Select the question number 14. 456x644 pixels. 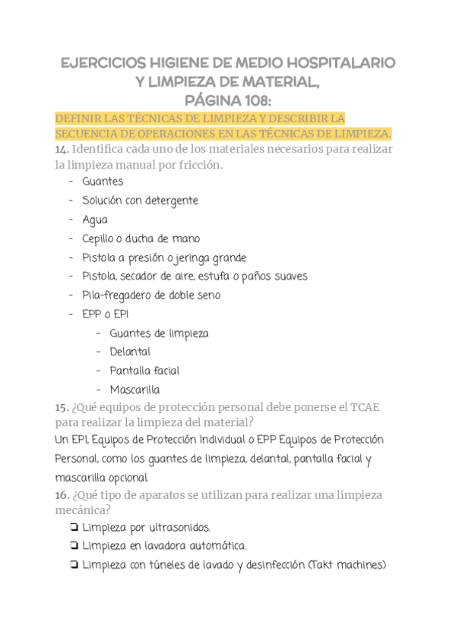[x=62, y=150]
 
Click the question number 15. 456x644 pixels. [x=62, y=409]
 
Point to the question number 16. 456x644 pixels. [x=62, y=495]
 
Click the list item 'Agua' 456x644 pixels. [x=95, y=220]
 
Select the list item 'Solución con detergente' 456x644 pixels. [x=140, y=201]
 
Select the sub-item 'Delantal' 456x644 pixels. [x=130, y=352]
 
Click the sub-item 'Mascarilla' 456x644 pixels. [x=135, y=390]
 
